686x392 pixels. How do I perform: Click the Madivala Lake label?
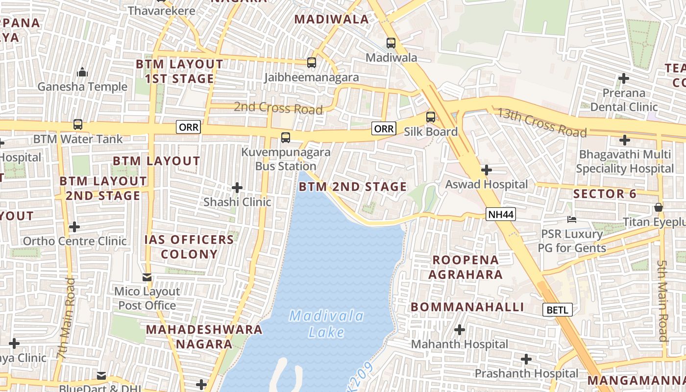[x=326, y=324]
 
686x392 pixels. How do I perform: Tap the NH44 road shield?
[x=500, y=214]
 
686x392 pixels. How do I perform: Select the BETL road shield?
[x=558, y=310]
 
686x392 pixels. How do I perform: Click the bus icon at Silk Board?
[x=431, y=117]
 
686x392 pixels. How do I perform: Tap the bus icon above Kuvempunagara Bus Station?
[x=286, y=138]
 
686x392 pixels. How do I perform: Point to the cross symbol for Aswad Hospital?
[x=486, y=170]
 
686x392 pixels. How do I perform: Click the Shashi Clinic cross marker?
[x=237, y=188]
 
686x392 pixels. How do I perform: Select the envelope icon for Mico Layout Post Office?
[x=147, y=277]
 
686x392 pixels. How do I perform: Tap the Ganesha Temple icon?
[x=82, y=73]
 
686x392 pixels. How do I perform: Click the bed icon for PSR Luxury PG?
[x=571, y=219]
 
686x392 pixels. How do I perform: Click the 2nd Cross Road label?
[x=278, y=107]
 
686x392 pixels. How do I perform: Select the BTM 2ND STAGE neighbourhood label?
[x=353, y=187]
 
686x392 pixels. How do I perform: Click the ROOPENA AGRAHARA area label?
[x=465, y=267]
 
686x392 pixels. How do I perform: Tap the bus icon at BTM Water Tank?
[x=77, y=124]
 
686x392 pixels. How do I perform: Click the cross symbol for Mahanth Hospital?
[x=459, y=330]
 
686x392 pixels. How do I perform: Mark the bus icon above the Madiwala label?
[x=391, y=43]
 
